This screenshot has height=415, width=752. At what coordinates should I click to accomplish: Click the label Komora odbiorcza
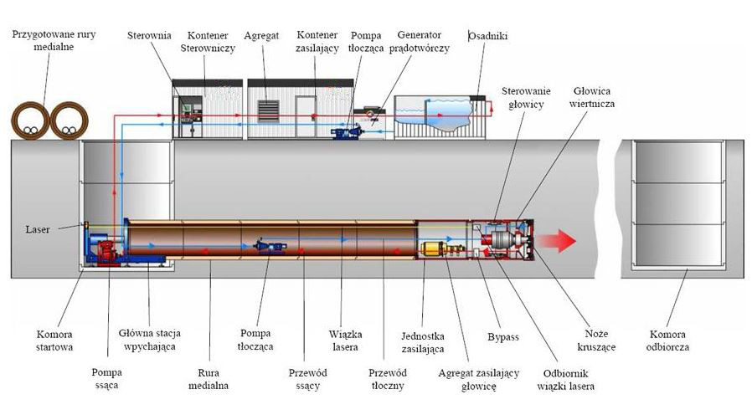[x=667, y=341]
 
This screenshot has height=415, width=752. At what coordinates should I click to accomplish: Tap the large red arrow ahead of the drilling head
[x=555, y=241]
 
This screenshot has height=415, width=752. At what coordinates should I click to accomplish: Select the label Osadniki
[x=487, y=36]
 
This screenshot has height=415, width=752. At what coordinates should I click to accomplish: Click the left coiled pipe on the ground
[x=30, y=120]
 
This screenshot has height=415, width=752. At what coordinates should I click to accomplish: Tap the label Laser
[x=38, y=229]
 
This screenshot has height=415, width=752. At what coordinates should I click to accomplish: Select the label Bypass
[x=503, y=337]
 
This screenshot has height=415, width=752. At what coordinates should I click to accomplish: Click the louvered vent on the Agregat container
[x=268, y=111]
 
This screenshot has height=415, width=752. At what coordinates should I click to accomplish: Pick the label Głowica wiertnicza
[x=592, y=97]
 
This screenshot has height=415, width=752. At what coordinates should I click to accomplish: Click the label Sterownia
[x=149, y=35]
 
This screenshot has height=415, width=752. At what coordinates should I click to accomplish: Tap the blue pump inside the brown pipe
[x=270, y=246]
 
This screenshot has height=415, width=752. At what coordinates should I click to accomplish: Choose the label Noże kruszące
[x=596, y=341]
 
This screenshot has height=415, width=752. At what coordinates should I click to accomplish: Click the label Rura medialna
[x=209, y=379]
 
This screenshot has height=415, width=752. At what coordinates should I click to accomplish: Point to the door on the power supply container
[x=305, y=116]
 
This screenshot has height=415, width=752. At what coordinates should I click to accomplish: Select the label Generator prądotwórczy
[x=420, y=42]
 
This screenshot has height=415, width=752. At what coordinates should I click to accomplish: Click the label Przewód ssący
[x=307, y=379]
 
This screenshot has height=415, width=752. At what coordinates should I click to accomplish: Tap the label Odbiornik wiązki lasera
[x=565, y=380]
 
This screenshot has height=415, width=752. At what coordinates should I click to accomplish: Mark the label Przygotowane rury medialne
[x=54, y=41]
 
